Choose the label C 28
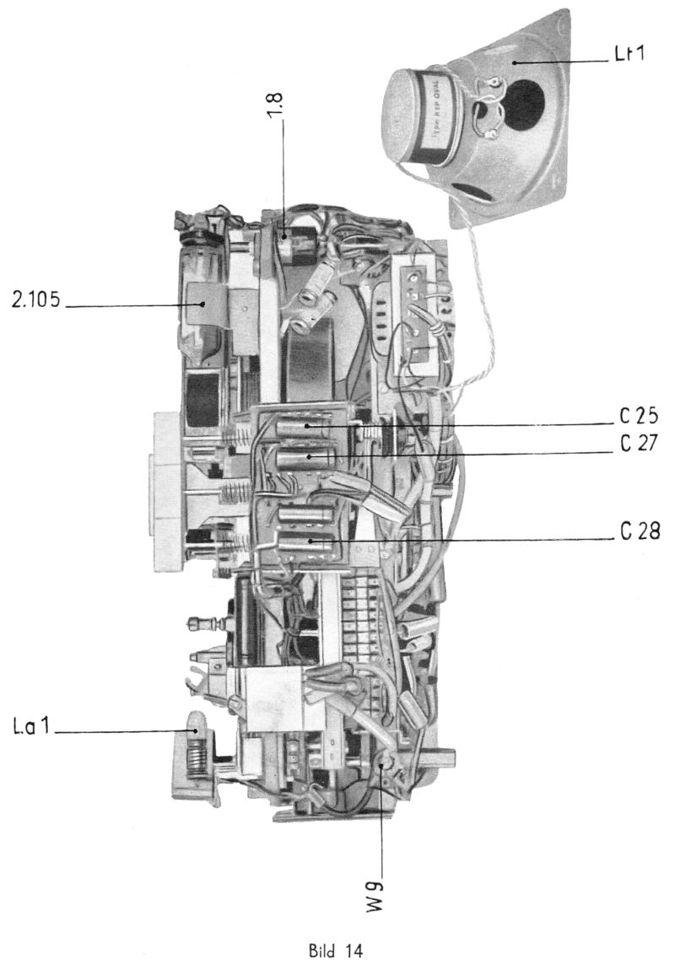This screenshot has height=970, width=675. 638,533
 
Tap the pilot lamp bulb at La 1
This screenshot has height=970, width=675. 194,724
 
